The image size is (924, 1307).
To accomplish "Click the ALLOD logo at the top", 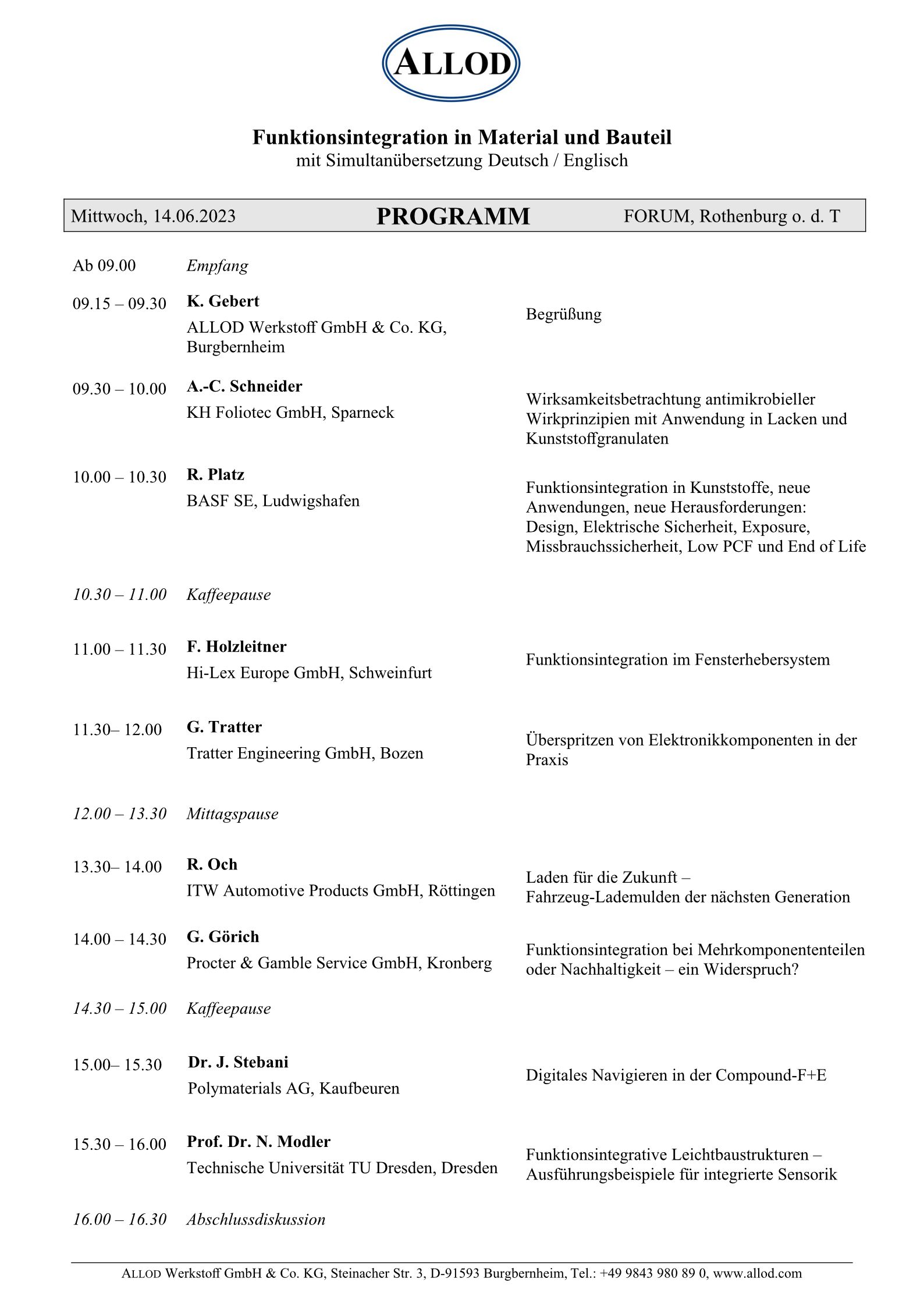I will [x=451, y=63].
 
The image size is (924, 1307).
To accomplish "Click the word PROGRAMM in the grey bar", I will [x=453, y=216].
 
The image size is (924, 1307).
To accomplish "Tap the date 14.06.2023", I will [x=194, y=216].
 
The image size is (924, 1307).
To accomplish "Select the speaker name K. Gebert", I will [x=223, y=301].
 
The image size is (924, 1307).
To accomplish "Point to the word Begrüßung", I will [x=563, y=314].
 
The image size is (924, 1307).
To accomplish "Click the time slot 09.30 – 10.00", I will [x=119, y=389].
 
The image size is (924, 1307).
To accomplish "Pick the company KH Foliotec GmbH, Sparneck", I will [x=290, y=413].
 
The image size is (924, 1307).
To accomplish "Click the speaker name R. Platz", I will [x=215, y=475].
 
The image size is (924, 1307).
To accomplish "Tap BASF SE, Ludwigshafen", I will [x=273, y=501].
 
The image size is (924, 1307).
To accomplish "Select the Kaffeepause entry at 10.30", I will [x=229, y=595].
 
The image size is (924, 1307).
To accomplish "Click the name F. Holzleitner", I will [x=236, y=647].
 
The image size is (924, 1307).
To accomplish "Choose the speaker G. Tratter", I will [x=224, y=727].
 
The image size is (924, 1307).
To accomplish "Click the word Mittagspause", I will [x=232, y=814].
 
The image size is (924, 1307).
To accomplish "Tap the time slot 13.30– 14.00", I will [x=117, y=867].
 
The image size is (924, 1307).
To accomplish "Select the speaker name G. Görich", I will [x=223, y=937].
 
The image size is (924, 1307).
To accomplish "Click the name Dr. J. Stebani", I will [x=238, y=1062].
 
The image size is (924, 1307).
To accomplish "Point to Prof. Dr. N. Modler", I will [x=258, y=1142].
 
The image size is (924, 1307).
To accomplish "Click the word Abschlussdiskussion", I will [x=256, y=1219].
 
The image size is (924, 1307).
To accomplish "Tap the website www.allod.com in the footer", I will [x=757, y=1273].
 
